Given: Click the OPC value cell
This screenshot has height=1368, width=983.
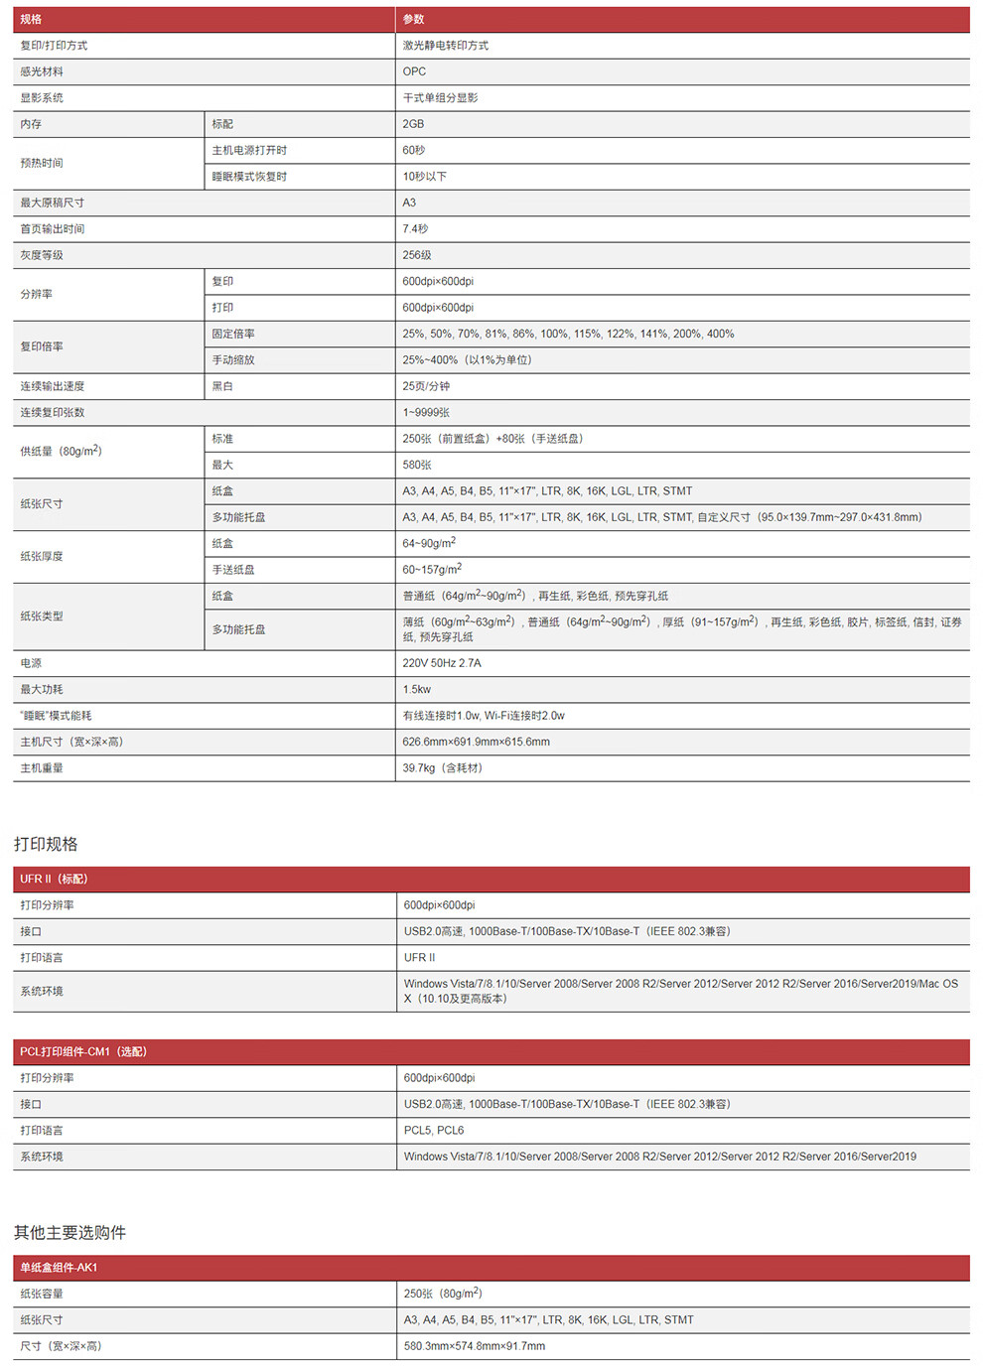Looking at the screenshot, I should click(x=414, y=71).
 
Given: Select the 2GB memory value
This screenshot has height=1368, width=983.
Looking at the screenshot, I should click(x=413, y=124).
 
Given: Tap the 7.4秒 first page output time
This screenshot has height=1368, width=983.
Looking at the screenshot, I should click(x=415, y=229).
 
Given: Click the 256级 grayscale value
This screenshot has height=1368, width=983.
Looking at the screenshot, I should click(x=417, y=255).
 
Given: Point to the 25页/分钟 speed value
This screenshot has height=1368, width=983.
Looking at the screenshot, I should click(x=426, y=386).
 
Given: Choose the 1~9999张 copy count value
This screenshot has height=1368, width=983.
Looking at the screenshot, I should click(x=426, y=413).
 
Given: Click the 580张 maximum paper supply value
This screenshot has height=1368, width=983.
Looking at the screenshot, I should click(x=417, y=465).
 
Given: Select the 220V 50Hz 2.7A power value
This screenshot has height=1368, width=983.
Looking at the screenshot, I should click(x=442, y=663).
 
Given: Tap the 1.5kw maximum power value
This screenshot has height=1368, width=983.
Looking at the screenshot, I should click(x=417, y=689).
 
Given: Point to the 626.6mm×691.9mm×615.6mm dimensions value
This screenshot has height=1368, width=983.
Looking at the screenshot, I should click(x=476, y=742).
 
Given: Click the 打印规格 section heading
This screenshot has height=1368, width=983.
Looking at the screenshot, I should click(x=46, y=844).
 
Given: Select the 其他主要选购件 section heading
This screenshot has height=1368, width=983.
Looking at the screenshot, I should click(x=70, y=1232).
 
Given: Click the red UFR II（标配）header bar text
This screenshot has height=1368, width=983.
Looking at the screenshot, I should click(x=54, y=879).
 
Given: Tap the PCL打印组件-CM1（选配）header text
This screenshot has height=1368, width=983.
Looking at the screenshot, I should click(x=83, y=1051).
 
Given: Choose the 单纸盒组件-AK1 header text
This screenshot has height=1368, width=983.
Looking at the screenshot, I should click(x=59, y=1268).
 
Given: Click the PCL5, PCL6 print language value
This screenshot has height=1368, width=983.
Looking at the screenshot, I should click(x=434, y=1131).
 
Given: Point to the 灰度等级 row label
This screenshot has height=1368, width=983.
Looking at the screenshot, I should click(x=42, y=255).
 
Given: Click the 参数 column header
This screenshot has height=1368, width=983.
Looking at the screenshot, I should click(x=413, y=19).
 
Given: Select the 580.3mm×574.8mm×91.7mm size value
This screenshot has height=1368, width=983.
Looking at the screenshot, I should click(x=475, y=1346).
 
